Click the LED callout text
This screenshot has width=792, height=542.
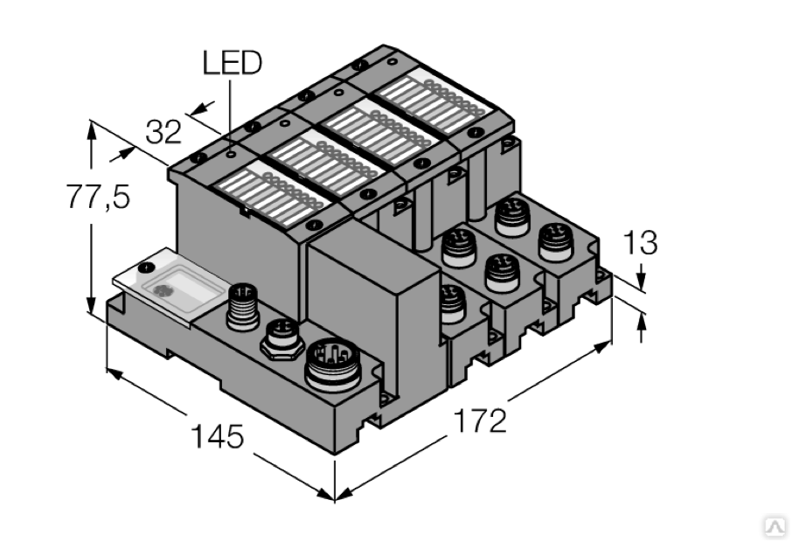(x=233, y=63)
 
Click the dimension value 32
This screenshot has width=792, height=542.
(x=163, y=132)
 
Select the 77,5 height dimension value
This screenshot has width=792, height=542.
(x=99, y=196)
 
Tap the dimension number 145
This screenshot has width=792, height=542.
(x=217, y=436)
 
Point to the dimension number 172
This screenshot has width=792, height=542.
(x=480, y=420)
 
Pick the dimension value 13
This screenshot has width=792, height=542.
(x=641, y=242)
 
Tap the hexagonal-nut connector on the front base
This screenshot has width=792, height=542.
(x=281, y=339)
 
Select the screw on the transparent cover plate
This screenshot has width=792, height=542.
(x=147, y=267)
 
